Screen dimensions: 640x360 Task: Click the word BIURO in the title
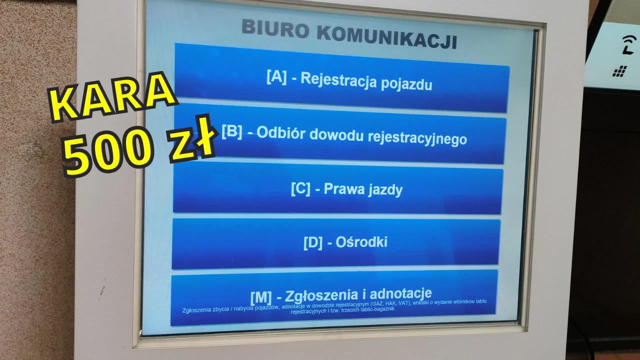point(275,28)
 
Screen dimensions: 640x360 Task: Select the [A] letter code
point(276,76)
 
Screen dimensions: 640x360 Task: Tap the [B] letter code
point(231,131)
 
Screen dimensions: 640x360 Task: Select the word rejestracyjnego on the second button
point(417,138)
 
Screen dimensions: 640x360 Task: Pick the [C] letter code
point(300,189)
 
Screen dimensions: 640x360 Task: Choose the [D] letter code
point(313,243)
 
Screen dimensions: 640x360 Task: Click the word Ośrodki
point(361,242)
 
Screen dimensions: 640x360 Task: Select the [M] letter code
point(261,297)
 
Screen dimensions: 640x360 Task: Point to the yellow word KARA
point(112,97)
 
